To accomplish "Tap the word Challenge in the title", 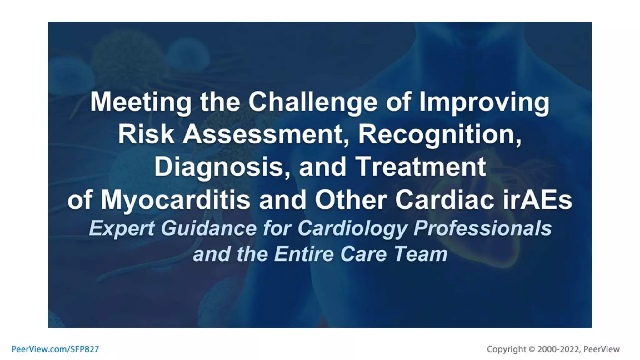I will click(x=313, y=102).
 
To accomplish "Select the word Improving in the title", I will click(x=484, y=102).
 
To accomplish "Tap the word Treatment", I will click(x=421, y=167).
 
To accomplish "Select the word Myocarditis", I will click(x=175, y=200).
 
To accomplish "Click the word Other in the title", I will click(x=351, y=200).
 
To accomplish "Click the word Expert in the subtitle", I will click(x=122, y=228).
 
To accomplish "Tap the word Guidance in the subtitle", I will click(x=208, y=228).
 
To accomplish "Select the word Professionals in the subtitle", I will click(x=482, y=228).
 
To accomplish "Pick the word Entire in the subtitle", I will click(x=304, y=254).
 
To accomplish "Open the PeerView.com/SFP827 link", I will click(x=55, y=349).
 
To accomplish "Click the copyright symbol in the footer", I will click(x=532, y=349).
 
